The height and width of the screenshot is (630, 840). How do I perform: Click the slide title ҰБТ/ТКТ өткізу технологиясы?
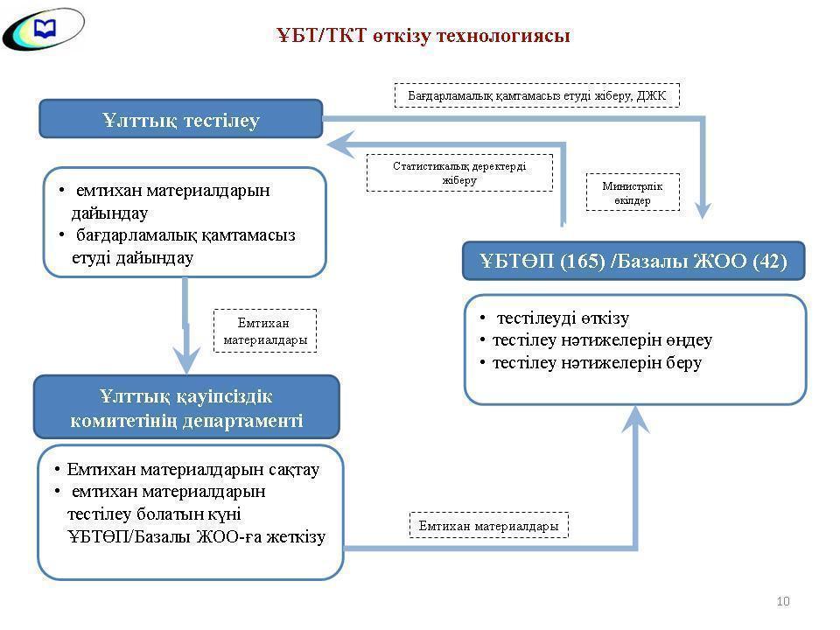[423, 35]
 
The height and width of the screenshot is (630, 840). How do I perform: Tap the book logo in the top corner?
[43, 30]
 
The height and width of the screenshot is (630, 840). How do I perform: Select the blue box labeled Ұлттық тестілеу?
[181, 120]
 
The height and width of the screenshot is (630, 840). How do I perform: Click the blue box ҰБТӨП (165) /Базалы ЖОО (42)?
[633, 261]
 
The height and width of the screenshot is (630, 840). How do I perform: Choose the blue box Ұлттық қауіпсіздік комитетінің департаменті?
[186, 408]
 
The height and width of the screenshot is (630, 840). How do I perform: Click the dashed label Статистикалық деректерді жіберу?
[459, 172]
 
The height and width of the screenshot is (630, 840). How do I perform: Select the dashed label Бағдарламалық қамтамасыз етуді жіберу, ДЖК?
[536, 94]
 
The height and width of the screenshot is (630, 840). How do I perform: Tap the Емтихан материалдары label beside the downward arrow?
[265, 331]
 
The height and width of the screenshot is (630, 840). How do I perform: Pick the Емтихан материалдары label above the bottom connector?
[488, 526]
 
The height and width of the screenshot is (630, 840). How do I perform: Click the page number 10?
[783, 601]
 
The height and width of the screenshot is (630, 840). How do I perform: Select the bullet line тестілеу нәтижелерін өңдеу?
[602, 339]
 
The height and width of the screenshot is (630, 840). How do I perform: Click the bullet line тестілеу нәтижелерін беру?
[597, 362]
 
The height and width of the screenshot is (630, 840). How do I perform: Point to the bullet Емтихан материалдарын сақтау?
[192, 470]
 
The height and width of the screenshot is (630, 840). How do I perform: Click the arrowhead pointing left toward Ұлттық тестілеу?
[341, 144]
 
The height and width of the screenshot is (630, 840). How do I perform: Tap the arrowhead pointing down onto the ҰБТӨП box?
[703, 208]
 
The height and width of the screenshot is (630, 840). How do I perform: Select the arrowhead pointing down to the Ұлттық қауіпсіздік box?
[185, 359]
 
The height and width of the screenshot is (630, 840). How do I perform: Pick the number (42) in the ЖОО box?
[769, 261]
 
